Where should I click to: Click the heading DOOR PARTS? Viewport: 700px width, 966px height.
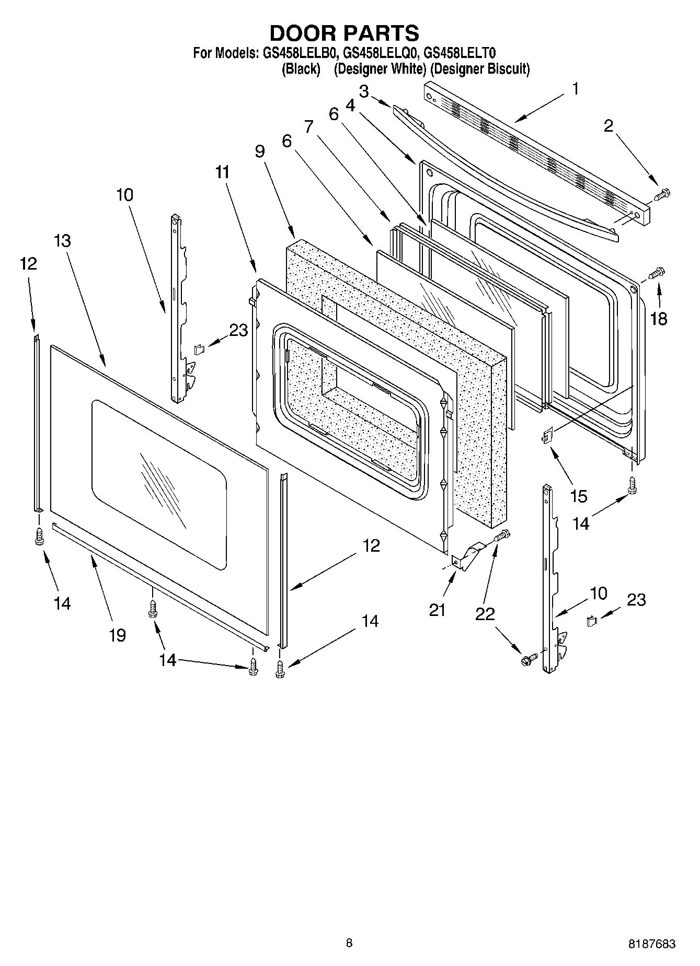click(344, 33)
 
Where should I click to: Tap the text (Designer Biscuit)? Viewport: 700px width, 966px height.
click(480, 69)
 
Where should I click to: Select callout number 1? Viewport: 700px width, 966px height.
click(575, 89)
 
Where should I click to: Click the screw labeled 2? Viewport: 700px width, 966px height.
click(662, 195)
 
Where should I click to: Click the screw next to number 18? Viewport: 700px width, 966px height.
click(656, 272)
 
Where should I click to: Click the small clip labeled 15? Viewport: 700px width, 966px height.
click(547, 435)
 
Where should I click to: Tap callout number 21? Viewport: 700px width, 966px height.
click(437, 609)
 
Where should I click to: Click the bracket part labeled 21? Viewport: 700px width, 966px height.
click(468, 555)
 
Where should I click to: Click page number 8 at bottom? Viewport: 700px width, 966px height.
click(349, 943)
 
